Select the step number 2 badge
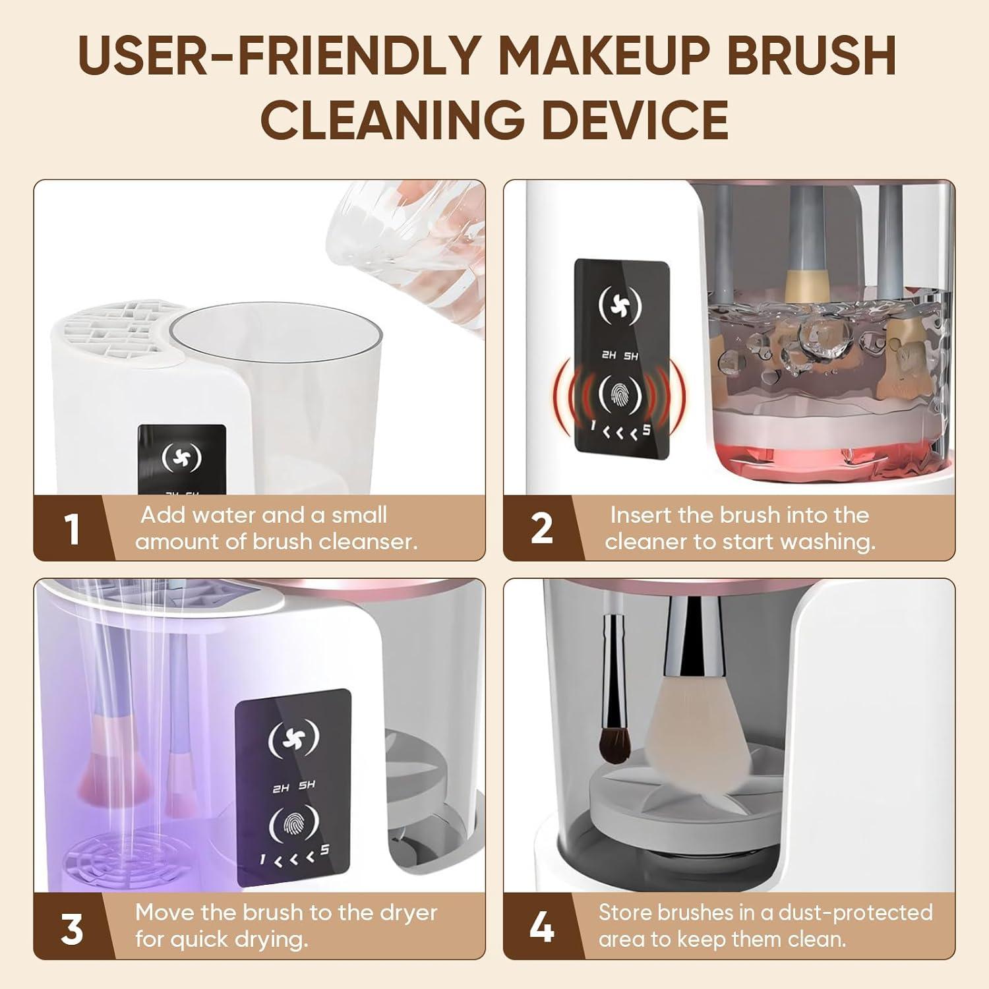pyautogui.click(x=542, y=529)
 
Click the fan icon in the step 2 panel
pyautogui.click(x=622, y=307)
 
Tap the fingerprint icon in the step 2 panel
pyautogui.click(x=621, y=395)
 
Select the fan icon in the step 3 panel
pyautogui.click(x=293, y=739)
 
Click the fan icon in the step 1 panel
pyautogui.click(x=182, y=458)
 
